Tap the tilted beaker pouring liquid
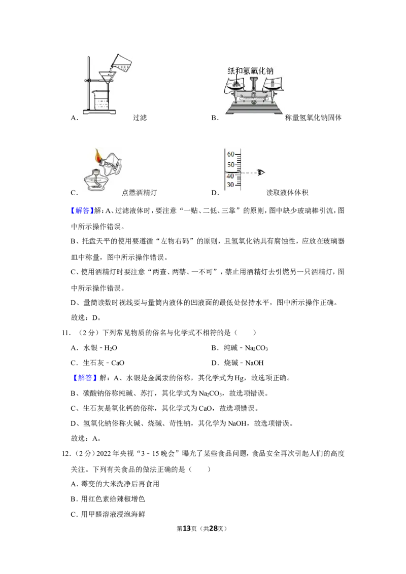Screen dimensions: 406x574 121,63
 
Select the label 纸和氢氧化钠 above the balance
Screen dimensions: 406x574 251,70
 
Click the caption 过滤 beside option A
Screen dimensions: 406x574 140,118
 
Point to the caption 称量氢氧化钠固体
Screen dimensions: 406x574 313,118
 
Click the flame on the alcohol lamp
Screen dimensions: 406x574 98,156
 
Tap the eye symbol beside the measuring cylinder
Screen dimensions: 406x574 260,172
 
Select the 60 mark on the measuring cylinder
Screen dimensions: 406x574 230,154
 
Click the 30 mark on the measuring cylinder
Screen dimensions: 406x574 230,185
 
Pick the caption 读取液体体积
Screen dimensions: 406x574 287,193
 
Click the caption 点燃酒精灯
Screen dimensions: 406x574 139,193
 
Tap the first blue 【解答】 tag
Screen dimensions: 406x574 81,210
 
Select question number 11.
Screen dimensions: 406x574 66,333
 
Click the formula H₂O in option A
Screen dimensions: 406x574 111,348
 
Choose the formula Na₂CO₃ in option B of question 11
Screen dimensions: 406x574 256,348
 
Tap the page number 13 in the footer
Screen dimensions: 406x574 187,528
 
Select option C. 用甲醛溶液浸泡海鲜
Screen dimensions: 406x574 108,514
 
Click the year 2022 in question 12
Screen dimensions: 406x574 104,453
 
